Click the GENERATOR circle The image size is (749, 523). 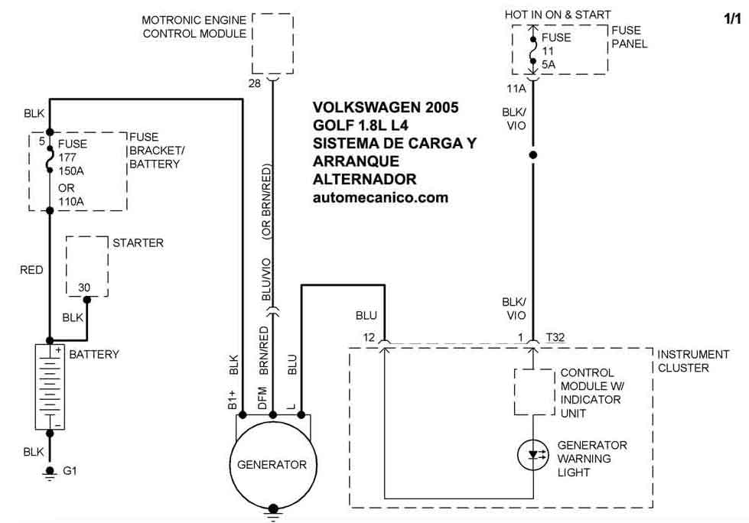[x=272, y=464]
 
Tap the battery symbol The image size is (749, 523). [x=50, y=387]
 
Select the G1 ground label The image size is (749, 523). [x=70, y=470]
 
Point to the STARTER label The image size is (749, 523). [x=138, y=243]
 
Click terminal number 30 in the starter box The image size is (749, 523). [x=84, y=287]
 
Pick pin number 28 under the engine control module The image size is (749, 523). [x=255, y=82]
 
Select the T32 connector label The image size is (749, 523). [x=556, y=337]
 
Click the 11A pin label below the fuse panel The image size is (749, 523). [x=517, y=88]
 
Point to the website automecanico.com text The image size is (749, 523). [x=380, y=197]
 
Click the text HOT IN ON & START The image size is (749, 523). [x=558, y=15]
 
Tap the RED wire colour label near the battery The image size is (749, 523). [x=31, y=270]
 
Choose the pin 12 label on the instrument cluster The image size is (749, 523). [x=369, y=337]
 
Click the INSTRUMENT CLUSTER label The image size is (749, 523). [x=693, y=361]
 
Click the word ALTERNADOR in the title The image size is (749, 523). [x=364, y=180]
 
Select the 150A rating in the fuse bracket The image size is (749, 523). [x=73, y=171]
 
